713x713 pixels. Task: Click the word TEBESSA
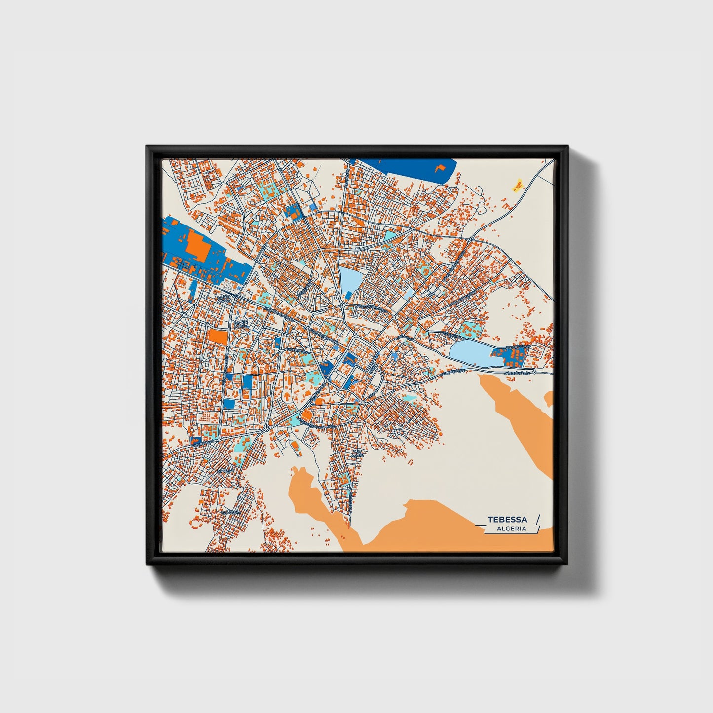pos(507,519)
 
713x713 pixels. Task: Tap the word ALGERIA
pos(512,528)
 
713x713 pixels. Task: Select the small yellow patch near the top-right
pos(517,186)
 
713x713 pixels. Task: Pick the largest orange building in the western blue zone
pos(197,245)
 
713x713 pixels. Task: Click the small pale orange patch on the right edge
pos(549,399)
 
